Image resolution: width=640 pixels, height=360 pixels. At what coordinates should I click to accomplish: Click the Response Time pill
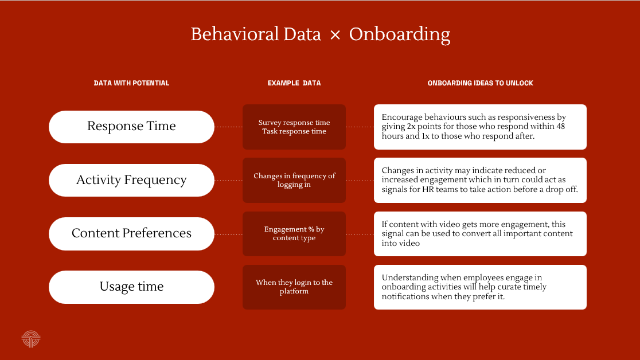131,127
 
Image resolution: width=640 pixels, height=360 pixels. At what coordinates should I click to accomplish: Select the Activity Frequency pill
131,181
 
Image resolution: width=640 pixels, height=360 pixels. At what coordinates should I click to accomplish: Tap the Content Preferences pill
131,234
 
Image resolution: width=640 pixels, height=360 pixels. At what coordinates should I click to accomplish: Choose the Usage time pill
131,287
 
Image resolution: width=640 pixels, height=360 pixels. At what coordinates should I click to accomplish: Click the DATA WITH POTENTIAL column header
131,83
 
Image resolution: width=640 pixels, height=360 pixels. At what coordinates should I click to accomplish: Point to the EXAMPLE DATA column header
294,83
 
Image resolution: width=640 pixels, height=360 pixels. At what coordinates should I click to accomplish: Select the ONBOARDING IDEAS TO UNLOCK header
481,83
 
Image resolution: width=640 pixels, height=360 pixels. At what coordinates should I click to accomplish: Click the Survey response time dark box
294,127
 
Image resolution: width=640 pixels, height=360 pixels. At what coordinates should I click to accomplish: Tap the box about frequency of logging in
294,181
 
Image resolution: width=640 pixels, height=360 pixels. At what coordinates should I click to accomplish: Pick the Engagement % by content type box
294,234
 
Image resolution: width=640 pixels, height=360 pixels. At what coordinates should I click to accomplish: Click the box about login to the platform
294,287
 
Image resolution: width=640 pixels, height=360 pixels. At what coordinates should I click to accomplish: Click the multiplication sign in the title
335,35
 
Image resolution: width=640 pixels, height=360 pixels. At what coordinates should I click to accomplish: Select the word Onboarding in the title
400,34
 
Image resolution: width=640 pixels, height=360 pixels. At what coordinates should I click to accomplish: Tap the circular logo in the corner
31,339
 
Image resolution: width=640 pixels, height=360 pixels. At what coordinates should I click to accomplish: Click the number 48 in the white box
560,126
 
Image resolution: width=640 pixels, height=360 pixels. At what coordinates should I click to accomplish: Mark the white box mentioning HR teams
480,181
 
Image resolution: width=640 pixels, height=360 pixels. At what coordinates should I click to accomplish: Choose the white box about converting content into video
480,234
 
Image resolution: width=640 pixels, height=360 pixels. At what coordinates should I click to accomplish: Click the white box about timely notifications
480,287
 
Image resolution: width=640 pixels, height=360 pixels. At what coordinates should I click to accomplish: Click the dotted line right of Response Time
229,127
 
